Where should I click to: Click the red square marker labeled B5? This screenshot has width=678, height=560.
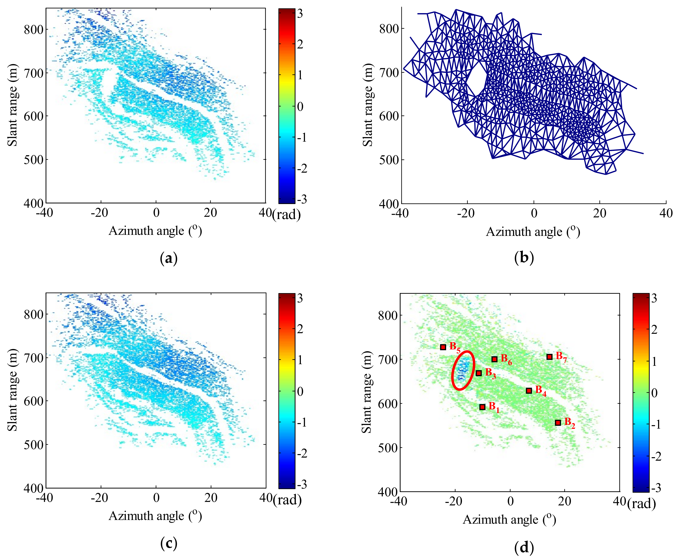443,347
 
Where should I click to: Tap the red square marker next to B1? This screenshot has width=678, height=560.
482,407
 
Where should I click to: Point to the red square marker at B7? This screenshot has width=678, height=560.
549,357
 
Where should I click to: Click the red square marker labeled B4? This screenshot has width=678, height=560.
529,391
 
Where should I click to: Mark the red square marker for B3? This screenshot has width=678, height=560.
479,373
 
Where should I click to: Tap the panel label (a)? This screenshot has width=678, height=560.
169,258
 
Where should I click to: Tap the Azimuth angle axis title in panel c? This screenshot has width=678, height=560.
155,516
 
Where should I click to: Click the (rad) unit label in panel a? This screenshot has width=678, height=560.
286,215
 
